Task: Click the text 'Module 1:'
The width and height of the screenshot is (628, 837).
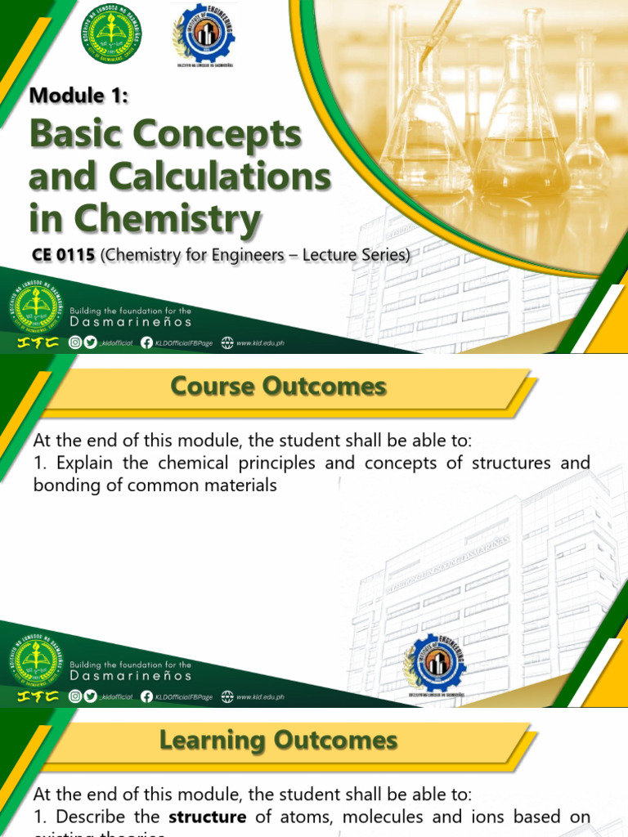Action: pyautogui.click(x=79, y=95)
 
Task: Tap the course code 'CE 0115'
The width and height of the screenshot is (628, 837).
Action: pyautogui.click(x=64, y=255)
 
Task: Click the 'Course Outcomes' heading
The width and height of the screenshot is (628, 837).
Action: pyautogui.click(x=278, y=386)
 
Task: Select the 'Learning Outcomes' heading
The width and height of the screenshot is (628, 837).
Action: pyautogui.click(x=278, y=741)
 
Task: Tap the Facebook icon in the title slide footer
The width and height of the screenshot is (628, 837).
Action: pyautogui.click(x=146, y=342)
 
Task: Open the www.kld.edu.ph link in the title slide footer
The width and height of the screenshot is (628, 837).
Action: pyautogui.click(x=260, y=343)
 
